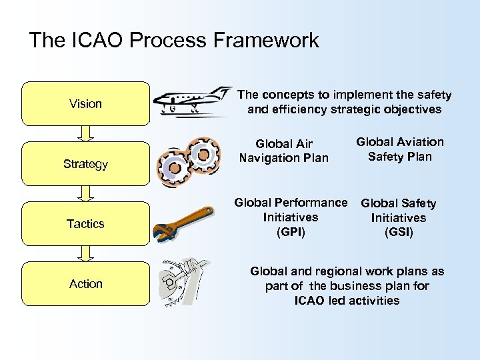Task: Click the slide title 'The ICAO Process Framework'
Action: pos(174,41)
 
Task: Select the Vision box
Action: pos(85,104)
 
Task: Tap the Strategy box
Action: pos(85,164)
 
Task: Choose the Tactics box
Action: pos(85,224)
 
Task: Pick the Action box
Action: pos(85,284)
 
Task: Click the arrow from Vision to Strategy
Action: pos(85,134)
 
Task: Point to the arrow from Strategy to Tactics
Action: pos(85,194)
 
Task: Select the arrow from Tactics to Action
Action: pos(85,254)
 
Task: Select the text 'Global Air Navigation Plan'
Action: pos(283,151)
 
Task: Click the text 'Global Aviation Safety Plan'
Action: pos(399,149)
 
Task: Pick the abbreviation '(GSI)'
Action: pos(399,233)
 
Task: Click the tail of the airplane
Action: pos(219,92)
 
